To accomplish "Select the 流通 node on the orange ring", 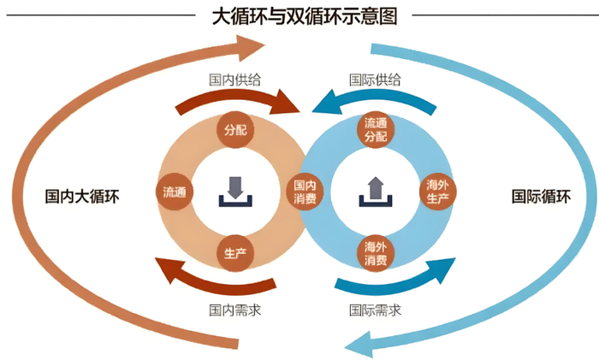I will tap(175, 192).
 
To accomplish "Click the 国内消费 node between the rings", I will tap(305, 192).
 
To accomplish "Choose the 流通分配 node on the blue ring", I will tap(375, 129).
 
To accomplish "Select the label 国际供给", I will tap(375, 79).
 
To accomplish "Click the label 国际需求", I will tap(375, 309).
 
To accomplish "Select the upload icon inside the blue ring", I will tap(375, 190).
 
